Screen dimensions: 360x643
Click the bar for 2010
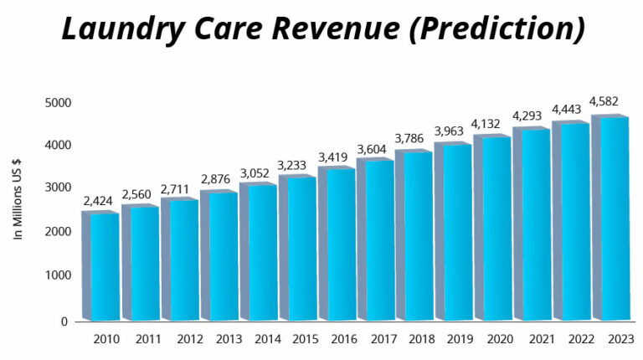pos(101,266)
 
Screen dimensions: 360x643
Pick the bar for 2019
pos(454,232)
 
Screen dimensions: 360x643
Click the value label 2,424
pos(99,201)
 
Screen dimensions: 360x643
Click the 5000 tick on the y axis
pos(59,103)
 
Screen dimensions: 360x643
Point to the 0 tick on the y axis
pos(64,321)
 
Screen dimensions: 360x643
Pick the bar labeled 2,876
pos(219,256)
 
